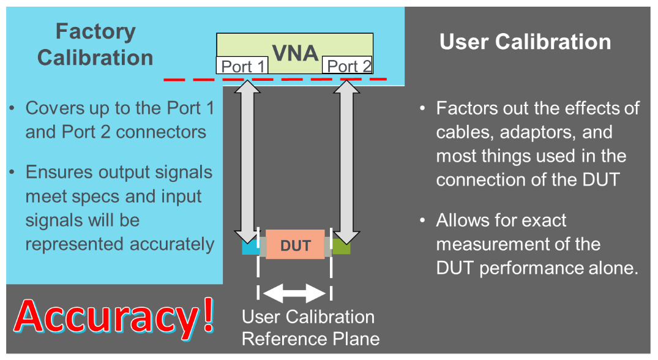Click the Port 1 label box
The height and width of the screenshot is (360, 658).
point(242,66)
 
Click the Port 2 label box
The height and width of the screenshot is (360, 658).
point(348,66)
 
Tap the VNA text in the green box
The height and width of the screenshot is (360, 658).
point(295,53)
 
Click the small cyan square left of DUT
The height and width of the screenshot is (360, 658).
point(250,248)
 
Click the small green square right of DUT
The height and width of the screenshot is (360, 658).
point(341,248)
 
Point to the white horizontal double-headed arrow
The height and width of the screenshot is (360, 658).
point(295,293)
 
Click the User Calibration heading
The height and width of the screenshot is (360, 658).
point(525,42)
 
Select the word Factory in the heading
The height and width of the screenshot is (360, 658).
point(95,31)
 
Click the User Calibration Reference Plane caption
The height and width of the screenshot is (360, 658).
point(310,328)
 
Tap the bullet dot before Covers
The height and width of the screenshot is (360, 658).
point(13,109)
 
